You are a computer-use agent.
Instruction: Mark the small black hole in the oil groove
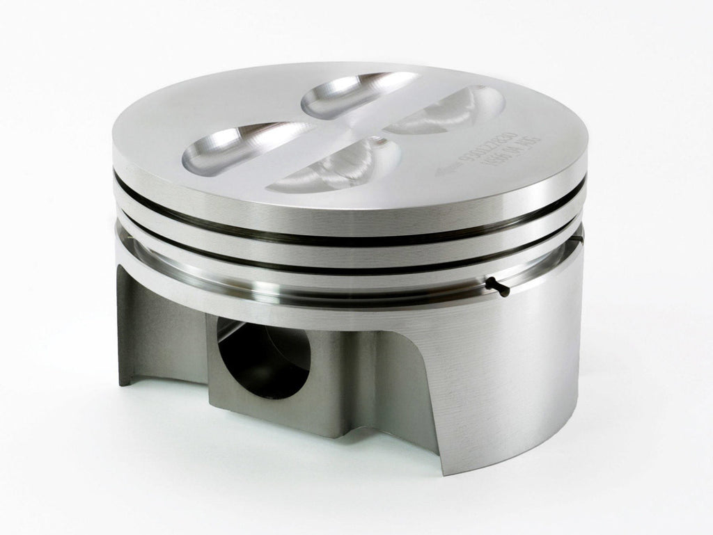(x=496, y=285)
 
